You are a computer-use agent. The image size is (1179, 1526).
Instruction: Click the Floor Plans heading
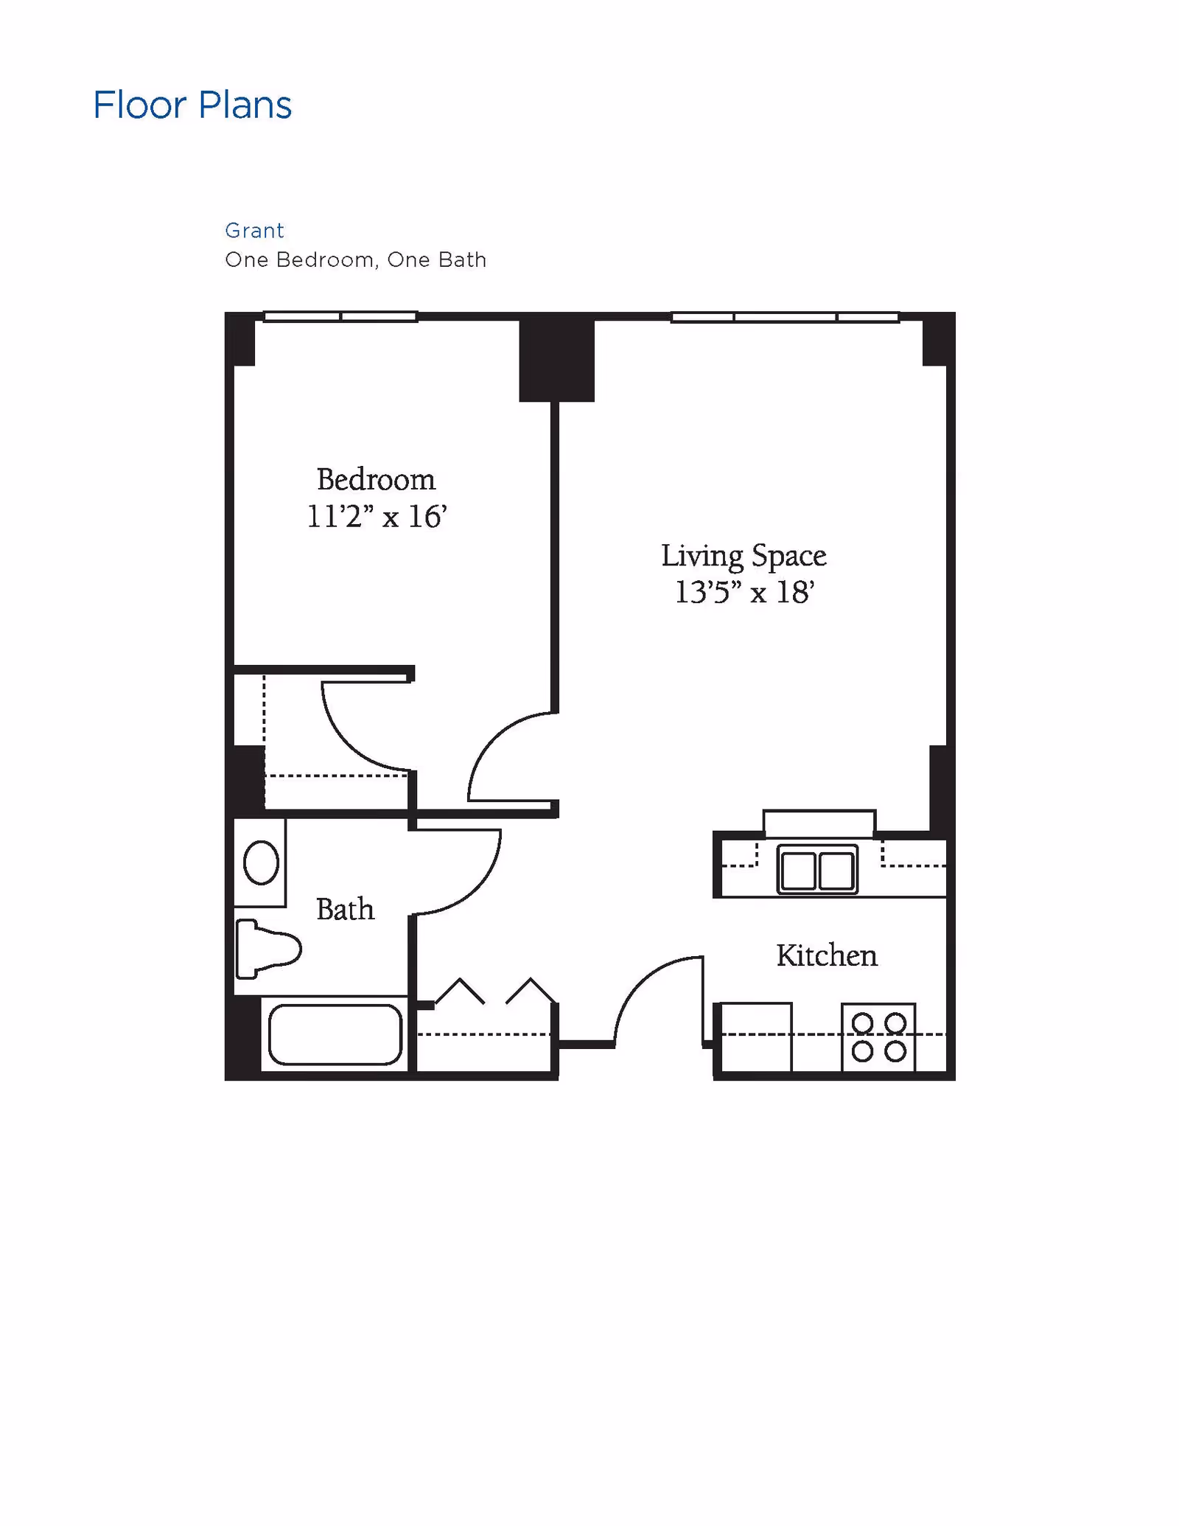[192, 105]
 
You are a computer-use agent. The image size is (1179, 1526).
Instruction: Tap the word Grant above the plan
[254, 231]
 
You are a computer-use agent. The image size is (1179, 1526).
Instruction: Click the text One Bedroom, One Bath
[355, 259]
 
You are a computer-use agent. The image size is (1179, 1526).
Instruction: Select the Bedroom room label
[376, 480]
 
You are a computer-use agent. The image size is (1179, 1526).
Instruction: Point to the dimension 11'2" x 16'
[376, 517]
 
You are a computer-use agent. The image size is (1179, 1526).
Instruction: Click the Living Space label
[743, 556]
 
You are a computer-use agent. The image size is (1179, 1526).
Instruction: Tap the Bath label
[345, 909]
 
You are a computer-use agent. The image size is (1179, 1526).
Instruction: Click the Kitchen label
[826, 955]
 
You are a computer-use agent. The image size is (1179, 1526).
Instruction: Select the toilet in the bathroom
[266, 949]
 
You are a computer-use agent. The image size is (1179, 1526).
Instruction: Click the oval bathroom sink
[261, 863]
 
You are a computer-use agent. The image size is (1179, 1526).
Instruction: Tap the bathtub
[335, 1034]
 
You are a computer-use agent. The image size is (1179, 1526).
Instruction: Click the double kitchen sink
[817, 870]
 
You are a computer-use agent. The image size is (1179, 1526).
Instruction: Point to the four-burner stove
[878, 1037]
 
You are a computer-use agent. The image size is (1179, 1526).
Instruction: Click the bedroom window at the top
[340, 317]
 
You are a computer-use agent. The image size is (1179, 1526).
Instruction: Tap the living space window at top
[785, 318]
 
